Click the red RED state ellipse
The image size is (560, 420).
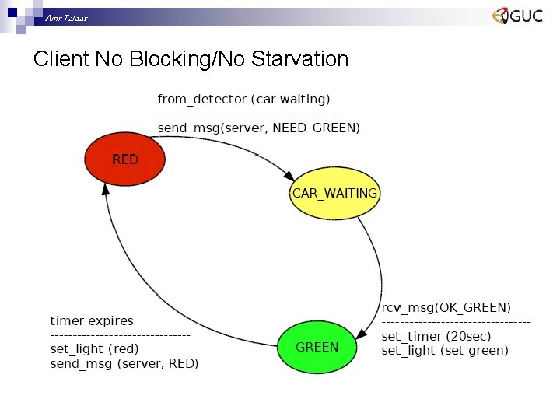coord(125,159)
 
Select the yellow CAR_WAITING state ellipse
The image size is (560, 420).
coord(334,193)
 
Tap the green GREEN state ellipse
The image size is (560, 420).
coord(317,347)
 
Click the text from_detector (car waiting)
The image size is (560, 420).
coord(243,99)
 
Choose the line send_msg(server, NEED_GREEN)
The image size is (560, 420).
coord(258,128)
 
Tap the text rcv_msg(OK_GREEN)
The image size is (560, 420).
coord(446,307)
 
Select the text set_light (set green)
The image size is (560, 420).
coord(444,350)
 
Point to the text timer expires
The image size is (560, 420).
coord(91,320)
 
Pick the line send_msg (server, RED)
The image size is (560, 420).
coord(124,363)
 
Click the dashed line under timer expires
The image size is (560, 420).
coord(120,335)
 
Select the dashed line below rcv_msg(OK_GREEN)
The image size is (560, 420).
coord(456,322)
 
